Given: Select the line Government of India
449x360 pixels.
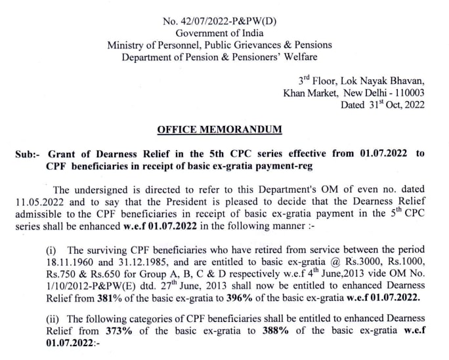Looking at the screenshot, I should [x=220, y=33].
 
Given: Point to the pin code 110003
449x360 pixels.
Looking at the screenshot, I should [x=407, y=92].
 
